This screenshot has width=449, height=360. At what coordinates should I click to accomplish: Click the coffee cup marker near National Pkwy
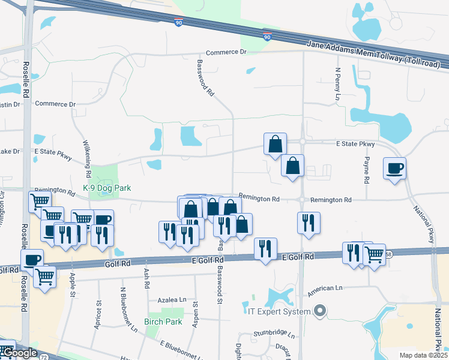[396, 169]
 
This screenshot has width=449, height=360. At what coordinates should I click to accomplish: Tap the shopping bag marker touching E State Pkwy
[275, 145]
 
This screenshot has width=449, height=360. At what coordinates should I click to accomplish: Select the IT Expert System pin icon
[320, 311]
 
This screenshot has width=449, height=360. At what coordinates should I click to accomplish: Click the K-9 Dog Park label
[107, 188]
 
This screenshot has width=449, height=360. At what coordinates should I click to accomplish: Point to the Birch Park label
[163, 322]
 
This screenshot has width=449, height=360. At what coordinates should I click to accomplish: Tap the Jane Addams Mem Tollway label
[378, 52]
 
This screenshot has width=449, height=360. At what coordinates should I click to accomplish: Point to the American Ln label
[325, 291]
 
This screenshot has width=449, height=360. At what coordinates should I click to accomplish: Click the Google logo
[19, 353]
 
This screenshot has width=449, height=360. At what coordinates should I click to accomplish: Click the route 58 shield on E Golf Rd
[388, 254]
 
